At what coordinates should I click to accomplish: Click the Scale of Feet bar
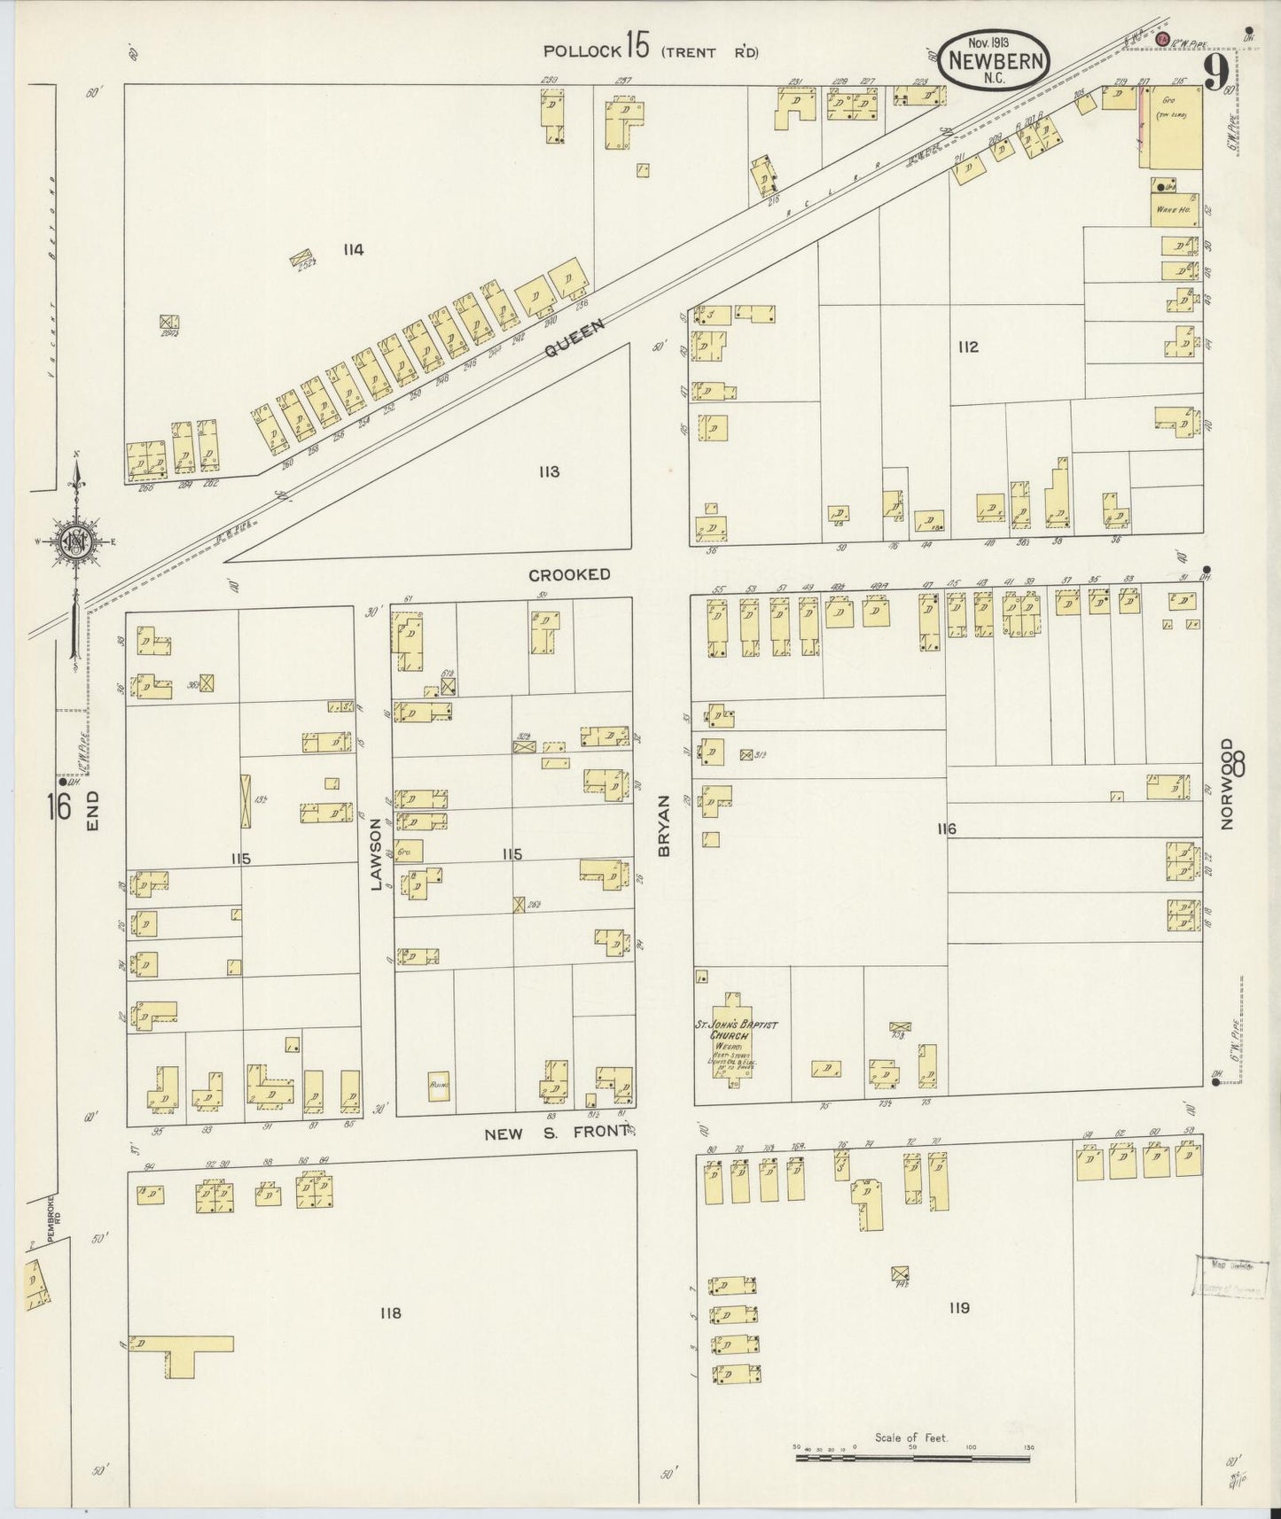tap(913, 1452)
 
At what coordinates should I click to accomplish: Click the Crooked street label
tap(569, 574)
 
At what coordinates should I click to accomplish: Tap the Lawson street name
tap(375, 854)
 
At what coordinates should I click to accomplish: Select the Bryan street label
tap(663, 837)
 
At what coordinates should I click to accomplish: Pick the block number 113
tap(549, 471)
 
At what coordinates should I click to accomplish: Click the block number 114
tap(353, 250)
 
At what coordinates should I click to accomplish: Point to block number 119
tap(958, 1308)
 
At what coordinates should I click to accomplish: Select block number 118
tap(389, 1313)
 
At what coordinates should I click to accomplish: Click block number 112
tap(967, 347)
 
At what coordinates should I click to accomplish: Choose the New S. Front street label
tap(557, 1133)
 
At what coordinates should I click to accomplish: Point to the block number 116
tap(946, 829)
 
